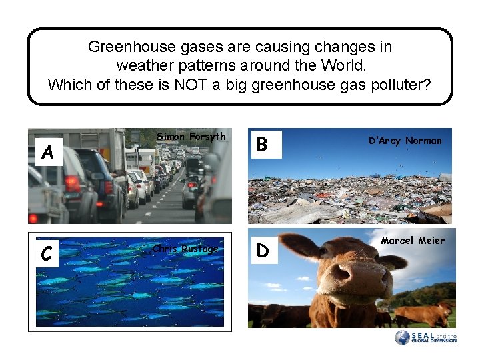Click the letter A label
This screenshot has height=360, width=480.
click(47, 153)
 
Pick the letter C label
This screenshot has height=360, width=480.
click(46, 253)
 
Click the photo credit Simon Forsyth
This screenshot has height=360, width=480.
click(191, 137)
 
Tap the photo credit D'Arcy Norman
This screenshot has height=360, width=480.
click(405, 141)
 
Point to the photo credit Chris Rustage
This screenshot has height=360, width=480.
click(185, 249)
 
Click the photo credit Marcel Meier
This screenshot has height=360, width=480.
click(413, 241)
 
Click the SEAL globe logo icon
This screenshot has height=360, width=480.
click(402, 338)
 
